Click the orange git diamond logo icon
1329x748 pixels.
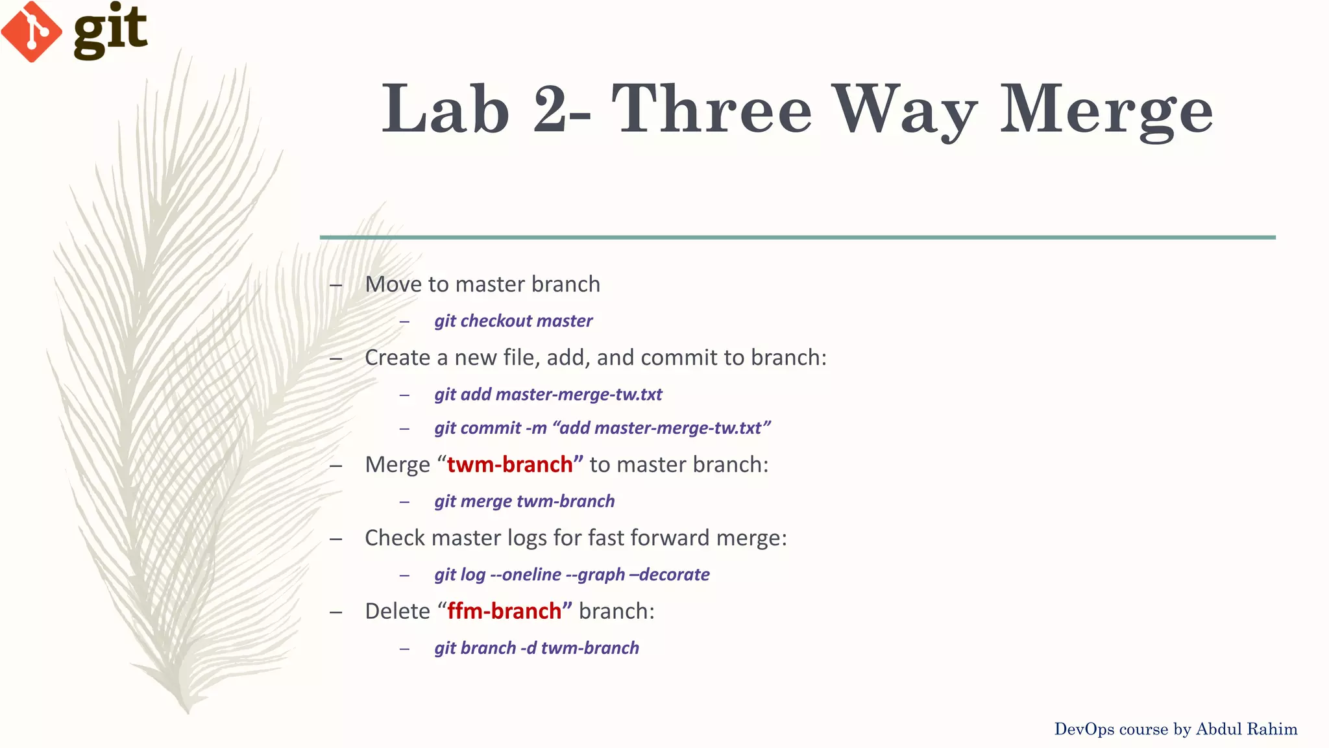pos(31,31)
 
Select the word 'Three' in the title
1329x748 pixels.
pos(711,109)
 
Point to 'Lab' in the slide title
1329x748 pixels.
pos(445,109)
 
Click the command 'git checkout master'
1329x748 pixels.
pos(513,321)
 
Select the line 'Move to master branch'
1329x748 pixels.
pos(482,284)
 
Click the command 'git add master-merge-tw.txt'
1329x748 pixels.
pos(548,394)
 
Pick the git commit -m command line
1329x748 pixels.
pos(602,428)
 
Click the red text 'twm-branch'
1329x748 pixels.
pos(510,464)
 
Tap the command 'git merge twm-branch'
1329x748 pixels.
pos(524,501)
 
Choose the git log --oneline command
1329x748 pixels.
pos(572,575)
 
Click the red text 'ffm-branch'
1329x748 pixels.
pos(504,611)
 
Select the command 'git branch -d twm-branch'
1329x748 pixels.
pos(537,648)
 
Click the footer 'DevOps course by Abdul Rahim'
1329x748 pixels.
pos(1175,729)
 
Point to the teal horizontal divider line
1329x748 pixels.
pos(798,238)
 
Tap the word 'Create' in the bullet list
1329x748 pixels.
pos(397,358)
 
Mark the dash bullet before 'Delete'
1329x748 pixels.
pos(335,612)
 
